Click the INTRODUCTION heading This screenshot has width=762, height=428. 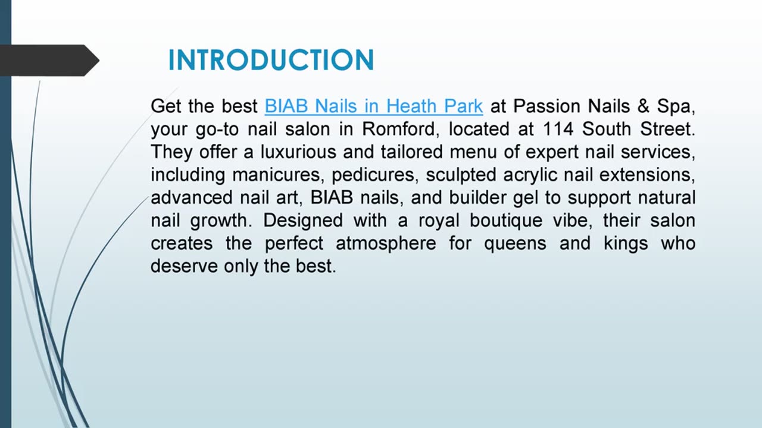click(x=271, y=61)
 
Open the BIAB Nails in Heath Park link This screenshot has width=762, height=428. click(x=373, y=106)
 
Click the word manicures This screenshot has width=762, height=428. click(x=278, y=175)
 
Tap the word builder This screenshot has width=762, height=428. click(x=482, y=197)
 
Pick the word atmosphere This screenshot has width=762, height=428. click(x=386, y=243)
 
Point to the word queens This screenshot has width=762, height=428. click(x=516, y=243)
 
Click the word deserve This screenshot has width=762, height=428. click(x=184, y=266)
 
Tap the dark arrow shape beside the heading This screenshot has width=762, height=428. click(x=51, y=61)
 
